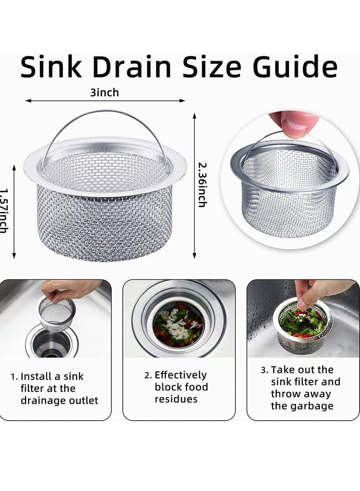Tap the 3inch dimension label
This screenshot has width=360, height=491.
(x=104, y=93)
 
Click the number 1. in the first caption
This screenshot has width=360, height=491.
(x=15, y=376)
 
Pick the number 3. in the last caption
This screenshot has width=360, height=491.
(x=264, y=370)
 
